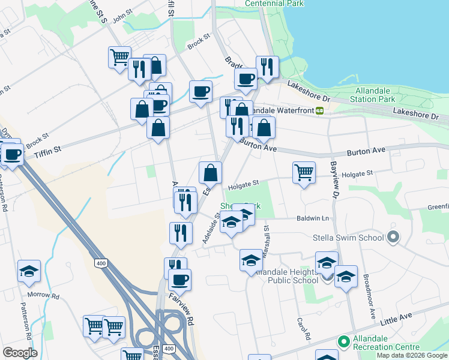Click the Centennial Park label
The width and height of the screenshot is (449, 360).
pyautogui.click(x=274, y=4)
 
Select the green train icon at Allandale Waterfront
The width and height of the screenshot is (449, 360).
pyautogui.click(x=321, y=110)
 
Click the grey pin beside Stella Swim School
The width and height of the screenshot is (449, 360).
pyautogui.click(x=393, y=238)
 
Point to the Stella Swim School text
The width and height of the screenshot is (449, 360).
pyautogui.click(x=348, y=238)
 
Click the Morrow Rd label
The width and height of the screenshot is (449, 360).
pyautogui.click(x=46, y=296)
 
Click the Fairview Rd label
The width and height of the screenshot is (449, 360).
pyautogui.click(x=181, y=308)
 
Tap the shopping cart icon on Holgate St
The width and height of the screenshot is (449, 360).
pyautogui.click(x=304, y=173)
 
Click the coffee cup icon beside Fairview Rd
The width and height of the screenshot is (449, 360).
pyautogui.click(x=179, y=279)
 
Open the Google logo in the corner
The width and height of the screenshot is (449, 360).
pyautogui.click(x=20, y=353)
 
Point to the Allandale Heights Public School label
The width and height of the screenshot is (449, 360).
pyautogui.click(x=284, y=276)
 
